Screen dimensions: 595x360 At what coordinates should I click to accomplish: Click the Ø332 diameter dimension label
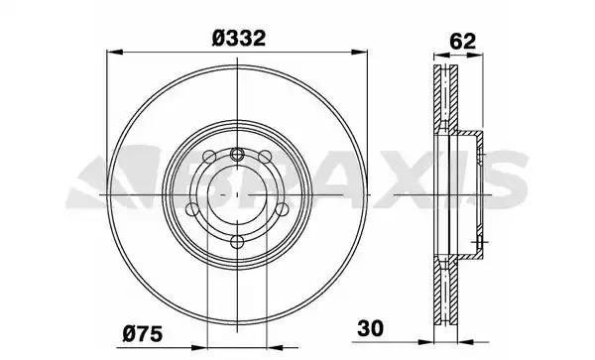pyautogui.click(x=239, y=39)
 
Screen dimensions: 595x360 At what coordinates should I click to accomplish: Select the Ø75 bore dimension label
pyautogui.click(x=142, y=334)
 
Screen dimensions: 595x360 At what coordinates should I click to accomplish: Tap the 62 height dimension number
pyautogui.click(x=462, y=42)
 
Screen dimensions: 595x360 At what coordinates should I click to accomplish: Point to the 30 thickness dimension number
pyautogui.click(x=370, y=328)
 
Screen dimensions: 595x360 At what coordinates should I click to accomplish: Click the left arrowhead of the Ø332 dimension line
pyautogui.click(x=115, y=52)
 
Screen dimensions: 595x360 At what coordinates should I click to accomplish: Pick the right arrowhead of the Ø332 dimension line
pyautogui.click(x=359, y=52)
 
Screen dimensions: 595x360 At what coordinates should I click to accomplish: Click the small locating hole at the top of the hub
pyautogui.click(x=237, y=154)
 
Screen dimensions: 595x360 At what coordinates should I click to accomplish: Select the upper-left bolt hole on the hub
pyautogui.click(x=209, y=157)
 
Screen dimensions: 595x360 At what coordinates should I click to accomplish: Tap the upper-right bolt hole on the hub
pyautogui.click(x=265, y=157)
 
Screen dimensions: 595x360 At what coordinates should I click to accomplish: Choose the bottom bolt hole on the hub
pyautogui.click(x=237, y=241)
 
